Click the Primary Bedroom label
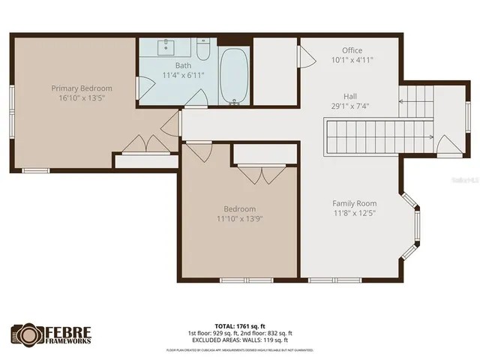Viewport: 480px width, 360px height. coord(82,88)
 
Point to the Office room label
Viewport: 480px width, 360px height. coord(352,50)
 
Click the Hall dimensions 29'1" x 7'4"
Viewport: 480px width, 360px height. coord(350,106)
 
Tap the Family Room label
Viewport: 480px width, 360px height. coord(355,203)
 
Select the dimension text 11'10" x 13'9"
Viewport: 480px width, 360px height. coord(240,218)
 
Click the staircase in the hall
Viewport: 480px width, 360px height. coord(379,136)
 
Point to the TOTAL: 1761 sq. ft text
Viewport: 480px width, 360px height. coord(240,326)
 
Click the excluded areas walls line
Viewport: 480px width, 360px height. coord(240,340)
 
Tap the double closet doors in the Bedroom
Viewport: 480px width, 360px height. coord(261,175)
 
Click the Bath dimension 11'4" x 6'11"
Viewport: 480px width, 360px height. coord(184,75)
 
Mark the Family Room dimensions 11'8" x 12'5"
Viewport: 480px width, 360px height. coord(355,213)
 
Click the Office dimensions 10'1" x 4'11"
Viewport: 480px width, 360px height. coord(352,60)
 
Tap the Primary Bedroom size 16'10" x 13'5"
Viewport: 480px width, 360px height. coord(82,97)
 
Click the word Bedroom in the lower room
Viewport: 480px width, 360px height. coord(240,208)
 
